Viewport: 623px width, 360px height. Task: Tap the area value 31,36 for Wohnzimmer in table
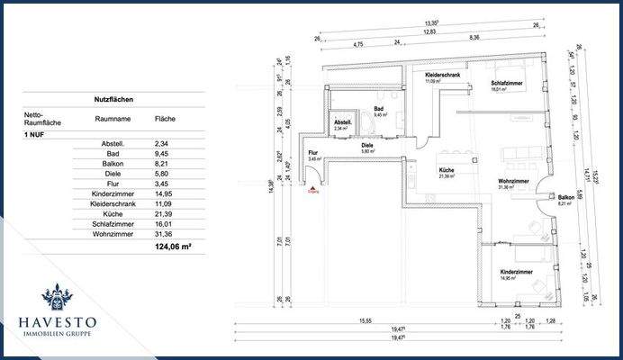pos(165,233)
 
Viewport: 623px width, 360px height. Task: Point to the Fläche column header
pos(165,119)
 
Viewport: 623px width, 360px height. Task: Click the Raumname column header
pos(112,119)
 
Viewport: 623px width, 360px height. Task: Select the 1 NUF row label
pos(36,133)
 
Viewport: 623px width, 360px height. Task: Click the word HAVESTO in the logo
pos(61,321)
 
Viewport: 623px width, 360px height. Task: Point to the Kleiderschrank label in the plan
pos(444,76)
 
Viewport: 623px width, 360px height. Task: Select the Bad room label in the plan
pos(379,109)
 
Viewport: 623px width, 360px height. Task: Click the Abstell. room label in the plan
pos(342,123)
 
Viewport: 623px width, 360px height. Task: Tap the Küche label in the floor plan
pos(447,171)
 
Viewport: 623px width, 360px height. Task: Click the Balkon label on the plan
pos(565,198)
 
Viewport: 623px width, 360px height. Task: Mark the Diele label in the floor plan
pos(367,146)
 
